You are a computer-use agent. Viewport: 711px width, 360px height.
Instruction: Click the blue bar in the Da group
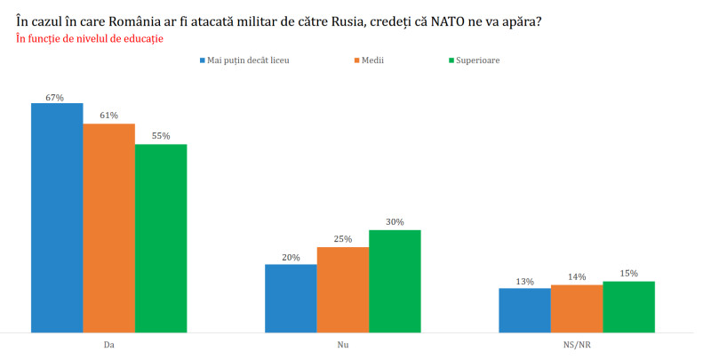click(57, 218)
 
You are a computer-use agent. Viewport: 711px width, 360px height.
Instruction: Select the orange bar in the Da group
click(108, 228)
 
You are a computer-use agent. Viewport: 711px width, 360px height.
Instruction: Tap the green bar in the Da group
click(161, 238)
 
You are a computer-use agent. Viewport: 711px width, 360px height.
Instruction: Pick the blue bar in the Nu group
click(291, 298)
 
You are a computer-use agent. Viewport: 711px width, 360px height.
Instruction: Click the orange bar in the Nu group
click(343, 289)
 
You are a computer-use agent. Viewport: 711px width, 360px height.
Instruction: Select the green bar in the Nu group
click(395, 281)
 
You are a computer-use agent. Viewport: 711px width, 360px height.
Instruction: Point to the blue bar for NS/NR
click(524, 310)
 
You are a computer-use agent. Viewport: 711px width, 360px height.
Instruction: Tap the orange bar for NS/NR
click(577, 308)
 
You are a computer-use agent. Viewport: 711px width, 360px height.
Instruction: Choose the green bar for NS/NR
click(628, 307)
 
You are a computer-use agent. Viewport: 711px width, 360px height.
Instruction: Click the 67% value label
click(56, 97)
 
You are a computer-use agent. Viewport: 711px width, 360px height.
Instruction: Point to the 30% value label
click(395, 222)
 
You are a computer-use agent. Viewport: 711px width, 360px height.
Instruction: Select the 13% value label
click(524, 282)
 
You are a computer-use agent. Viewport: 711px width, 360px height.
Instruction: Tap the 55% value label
click(161, 136)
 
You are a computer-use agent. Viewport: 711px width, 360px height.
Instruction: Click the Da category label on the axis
click(108, 342)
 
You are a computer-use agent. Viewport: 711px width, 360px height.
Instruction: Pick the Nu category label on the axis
click(343, 342)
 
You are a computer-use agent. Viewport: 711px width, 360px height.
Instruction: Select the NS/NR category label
click(577, 342)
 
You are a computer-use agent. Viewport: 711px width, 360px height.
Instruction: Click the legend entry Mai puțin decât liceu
click(248, 60)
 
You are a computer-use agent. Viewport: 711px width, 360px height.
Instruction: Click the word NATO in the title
click(438, 20)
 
